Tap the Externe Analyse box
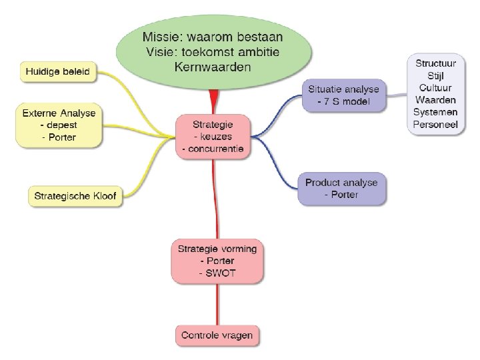tap(59, 125)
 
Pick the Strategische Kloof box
tap(75, 197)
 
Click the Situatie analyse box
tap(343, 95)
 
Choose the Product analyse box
tap(341, 188)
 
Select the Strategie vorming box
tap(217, 261)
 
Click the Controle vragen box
tap(217, 335)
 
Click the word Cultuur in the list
tap(435, 88)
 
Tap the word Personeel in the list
tap(435, 124)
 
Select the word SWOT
tap(217, 273)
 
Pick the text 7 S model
tap(346, 102)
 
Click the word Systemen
tap(435, 112)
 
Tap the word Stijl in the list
tap(435, 76)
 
